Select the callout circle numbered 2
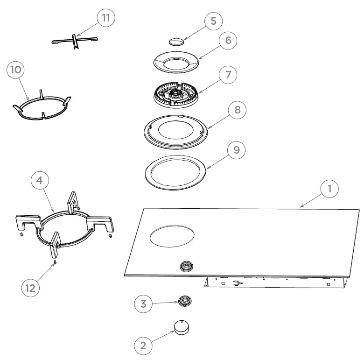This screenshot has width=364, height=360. click(x=143, y=346)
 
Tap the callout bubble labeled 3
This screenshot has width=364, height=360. click(x=143, y=304)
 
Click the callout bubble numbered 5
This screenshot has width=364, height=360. click(x=213, y=21)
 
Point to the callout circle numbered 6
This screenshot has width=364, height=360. click(x=228, y=40)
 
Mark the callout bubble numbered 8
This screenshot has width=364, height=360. click(x=238, y=110)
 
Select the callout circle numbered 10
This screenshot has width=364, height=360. click(x=15, y=70)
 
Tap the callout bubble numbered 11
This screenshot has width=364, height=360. click(x=106, y=18)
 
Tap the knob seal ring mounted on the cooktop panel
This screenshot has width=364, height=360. click(x=187, y=267)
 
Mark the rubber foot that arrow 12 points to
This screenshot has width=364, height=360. click(x=55, y=262)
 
